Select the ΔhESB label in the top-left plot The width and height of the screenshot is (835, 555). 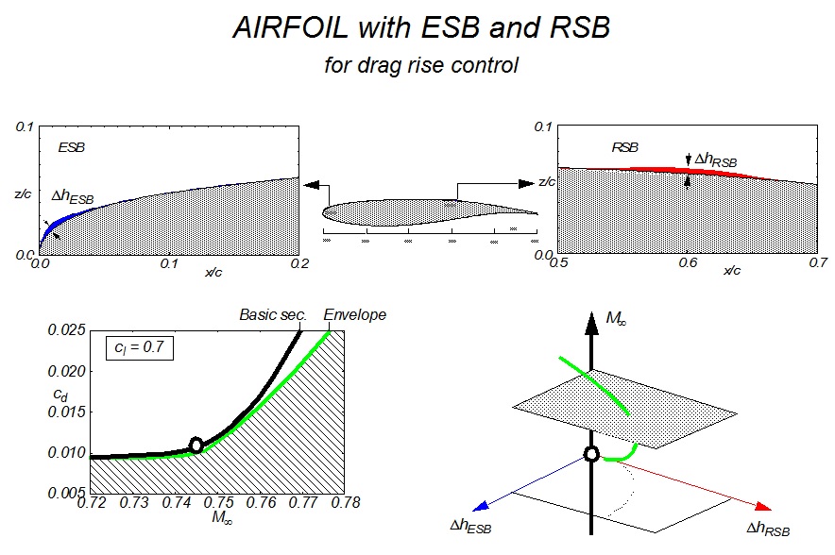(73, 197)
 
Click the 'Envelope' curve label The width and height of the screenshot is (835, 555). (355, 314)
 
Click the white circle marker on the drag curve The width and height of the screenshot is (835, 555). (196, 445)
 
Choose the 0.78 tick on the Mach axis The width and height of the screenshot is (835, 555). (347, 504)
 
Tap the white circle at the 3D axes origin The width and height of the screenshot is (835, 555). (591, 454)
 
